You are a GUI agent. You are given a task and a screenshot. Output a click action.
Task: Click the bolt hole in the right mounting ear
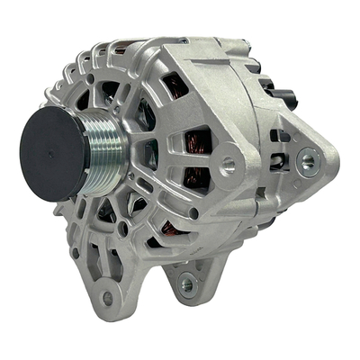310,162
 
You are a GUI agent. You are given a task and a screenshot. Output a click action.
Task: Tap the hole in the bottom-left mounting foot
108,297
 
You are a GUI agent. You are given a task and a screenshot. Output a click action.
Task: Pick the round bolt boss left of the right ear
229,164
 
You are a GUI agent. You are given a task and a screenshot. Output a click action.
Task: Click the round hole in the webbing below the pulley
121,229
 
